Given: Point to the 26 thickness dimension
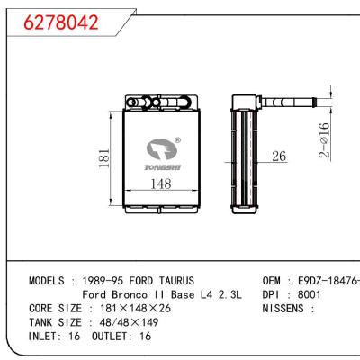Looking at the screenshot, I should click(x=279, y=157).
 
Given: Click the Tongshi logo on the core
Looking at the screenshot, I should click(x=159, y=149).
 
